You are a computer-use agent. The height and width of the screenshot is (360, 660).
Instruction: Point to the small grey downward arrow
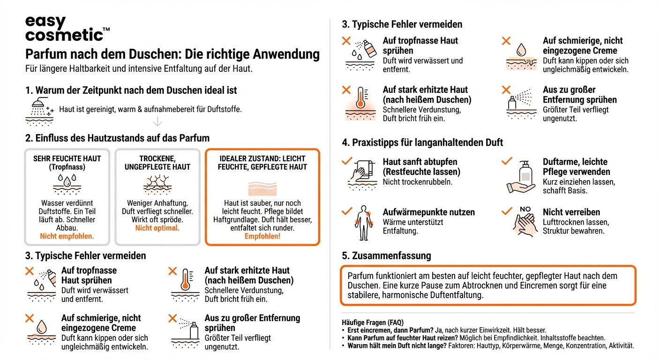[x=157, y=121]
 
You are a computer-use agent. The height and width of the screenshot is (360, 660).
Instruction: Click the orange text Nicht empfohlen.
[x=67, y=236]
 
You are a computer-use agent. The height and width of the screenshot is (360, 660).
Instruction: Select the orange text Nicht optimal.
[x=157, y=228]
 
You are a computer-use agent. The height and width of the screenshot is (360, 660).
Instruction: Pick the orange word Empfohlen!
[x=262, y=236]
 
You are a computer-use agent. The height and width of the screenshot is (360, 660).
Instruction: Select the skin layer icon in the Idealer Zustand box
[x=262, y=188]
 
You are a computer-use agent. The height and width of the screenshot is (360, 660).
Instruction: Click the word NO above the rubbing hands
[x=525, y=209]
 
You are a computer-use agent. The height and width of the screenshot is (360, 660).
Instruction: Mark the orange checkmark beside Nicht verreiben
[x=506, y=212]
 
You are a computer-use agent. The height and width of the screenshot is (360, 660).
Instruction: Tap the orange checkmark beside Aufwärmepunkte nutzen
[x=347, y=212]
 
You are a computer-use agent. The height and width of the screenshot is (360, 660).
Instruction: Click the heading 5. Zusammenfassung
[x=387, y=256]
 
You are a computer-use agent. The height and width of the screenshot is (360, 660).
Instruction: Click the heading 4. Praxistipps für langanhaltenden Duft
[x=422, y=142]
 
